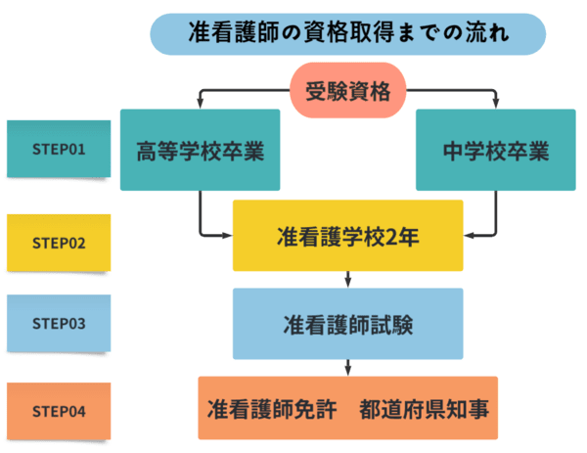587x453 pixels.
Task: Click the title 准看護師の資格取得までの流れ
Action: coord(347,32)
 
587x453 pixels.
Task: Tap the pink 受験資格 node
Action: coord(347,93)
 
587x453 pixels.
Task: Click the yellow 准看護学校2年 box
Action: coord(347,235)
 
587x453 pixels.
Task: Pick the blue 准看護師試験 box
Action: coord(347,323)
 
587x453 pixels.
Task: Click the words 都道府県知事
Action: coord(423,407)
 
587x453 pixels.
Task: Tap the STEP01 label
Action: coord(59,150)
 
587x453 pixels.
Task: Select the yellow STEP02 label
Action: coord(59,242)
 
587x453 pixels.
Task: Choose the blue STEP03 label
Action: coord(59,322)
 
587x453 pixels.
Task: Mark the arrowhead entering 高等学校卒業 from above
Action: coord(200,105)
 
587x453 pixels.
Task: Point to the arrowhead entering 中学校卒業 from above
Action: coord(495,105)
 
